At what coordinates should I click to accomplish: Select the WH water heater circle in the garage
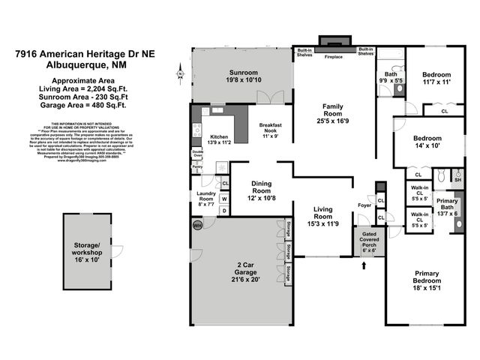(x=198, y=225)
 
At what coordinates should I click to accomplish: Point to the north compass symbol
(x=181, y=73)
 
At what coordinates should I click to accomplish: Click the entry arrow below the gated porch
(x=365, y=264)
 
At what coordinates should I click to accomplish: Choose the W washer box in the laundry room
(x=224, y=199)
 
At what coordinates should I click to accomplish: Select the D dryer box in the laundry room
(x=224, y=211)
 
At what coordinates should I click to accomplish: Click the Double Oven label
(x=198, y=154)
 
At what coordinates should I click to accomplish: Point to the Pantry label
(x=197, y=168)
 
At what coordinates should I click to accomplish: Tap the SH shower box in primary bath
(x=457, y=180)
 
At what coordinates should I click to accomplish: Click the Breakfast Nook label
(x=270, y=128)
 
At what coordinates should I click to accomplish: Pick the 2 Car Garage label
(x=245, y=267)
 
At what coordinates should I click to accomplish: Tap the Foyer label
(x=364, y=204)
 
